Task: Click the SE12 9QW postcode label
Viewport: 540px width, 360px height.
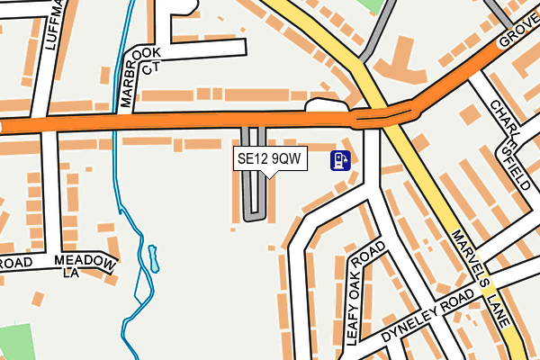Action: tap(270, 159)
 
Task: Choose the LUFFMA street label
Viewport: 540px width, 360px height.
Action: tap(50, 27)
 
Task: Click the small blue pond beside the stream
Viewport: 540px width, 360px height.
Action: tap(153, 258)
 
